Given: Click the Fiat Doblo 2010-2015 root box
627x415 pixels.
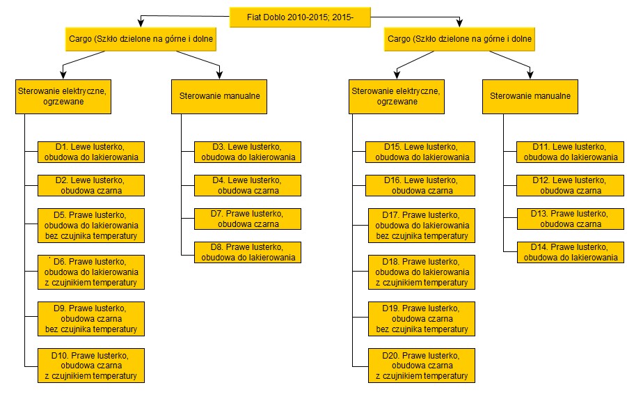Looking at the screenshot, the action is [300, 17].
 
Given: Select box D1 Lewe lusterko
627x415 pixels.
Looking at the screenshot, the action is [91, 152].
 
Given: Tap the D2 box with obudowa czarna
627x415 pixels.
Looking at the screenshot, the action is [91, 185].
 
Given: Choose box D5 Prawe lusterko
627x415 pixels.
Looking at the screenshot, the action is [91, 226].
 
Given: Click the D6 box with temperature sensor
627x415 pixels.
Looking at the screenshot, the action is [91, 272].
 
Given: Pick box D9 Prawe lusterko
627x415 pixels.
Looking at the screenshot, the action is [91, 318].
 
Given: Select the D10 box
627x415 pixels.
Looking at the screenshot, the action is [91, 366].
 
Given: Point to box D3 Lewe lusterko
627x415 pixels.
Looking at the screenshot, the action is [248, 152].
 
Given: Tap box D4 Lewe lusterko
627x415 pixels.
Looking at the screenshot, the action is [248, 185].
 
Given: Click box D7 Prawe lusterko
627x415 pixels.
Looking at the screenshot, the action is [248, 219].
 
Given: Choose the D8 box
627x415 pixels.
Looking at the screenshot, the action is [248, 252].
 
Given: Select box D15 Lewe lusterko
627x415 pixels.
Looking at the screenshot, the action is [420, 152].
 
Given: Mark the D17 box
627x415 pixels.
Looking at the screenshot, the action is [422, 226].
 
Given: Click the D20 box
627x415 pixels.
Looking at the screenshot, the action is [422, 366].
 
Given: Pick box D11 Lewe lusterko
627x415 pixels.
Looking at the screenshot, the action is [570, 152].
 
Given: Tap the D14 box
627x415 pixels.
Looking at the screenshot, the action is [571, 252].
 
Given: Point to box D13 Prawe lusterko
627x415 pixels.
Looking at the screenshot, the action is [571, 219].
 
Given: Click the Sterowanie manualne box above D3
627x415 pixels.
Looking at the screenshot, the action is [219, 97].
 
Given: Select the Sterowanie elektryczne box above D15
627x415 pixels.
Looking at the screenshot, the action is [397, 97].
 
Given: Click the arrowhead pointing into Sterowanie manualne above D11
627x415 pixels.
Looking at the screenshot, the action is [530, 75].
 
